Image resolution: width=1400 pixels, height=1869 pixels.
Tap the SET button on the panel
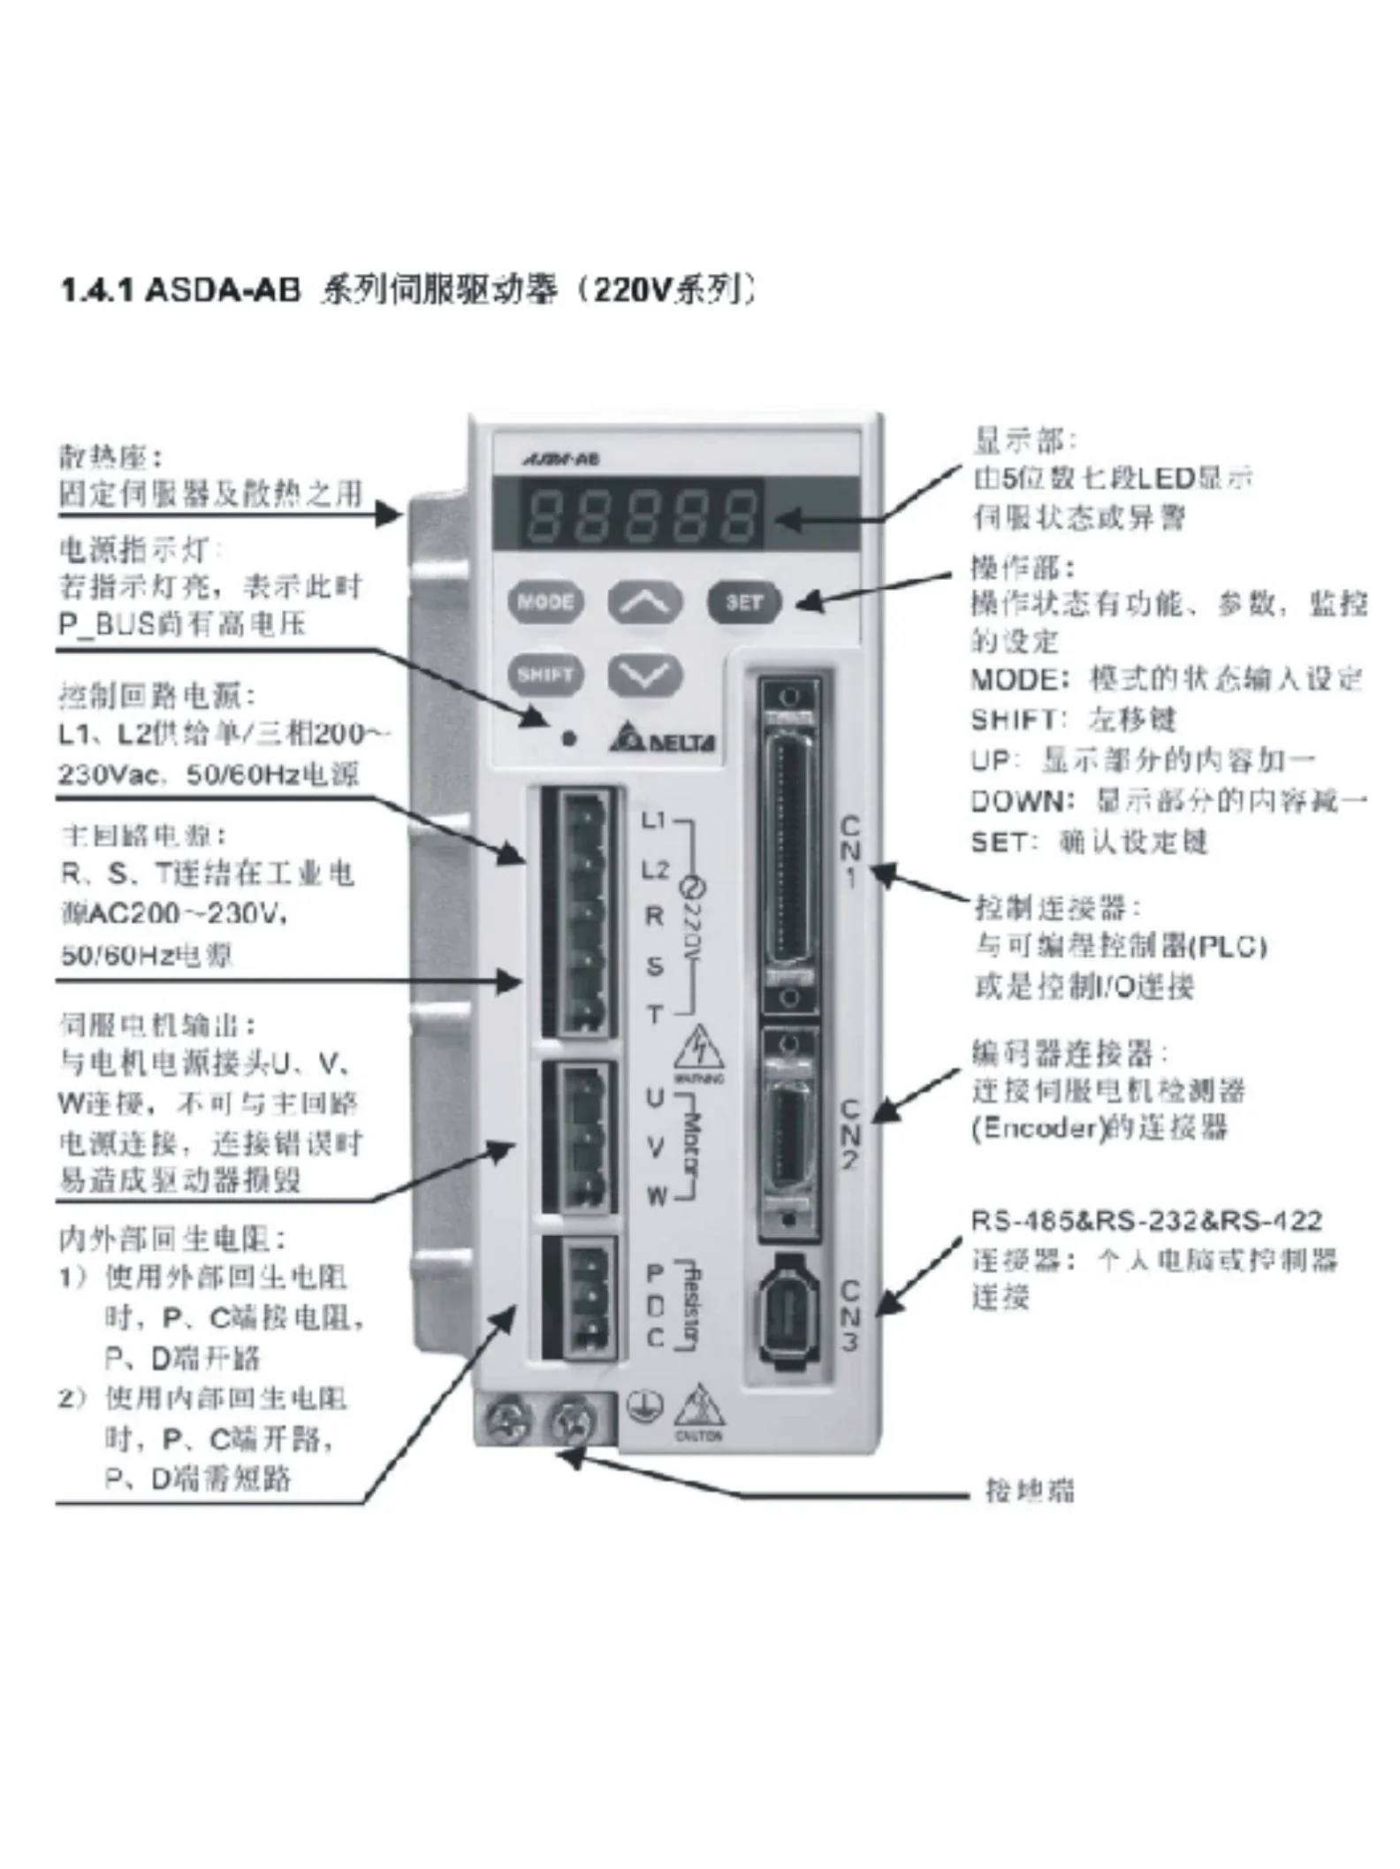[743, 602]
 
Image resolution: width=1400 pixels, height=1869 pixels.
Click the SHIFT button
[545, 675]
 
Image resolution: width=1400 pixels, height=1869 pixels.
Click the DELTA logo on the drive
[662, 741]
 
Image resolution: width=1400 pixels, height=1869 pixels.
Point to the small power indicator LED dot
[570, 736]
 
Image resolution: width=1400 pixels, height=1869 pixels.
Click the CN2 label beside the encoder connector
[848, 1135]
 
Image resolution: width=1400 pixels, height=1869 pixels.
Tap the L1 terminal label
[652, 820]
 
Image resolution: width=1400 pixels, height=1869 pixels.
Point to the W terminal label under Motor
[656, 1197]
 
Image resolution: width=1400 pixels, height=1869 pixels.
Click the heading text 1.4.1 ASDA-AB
[180, 290]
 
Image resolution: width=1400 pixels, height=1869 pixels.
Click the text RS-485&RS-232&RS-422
[1145, 1222]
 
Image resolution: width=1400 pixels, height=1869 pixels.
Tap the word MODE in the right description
[1013, 680]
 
